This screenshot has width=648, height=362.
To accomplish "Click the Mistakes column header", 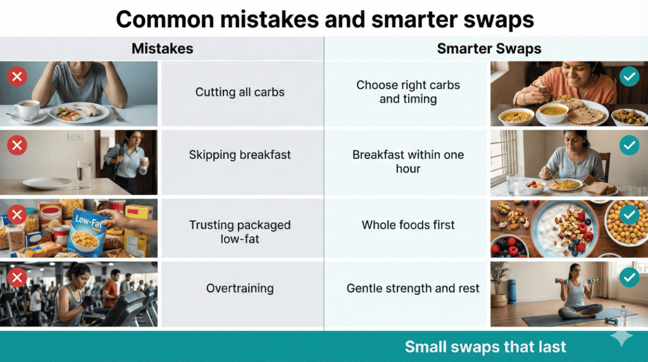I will pos(162,49).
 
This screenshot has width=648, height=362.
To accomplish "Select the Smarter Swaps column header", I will pos(489,49).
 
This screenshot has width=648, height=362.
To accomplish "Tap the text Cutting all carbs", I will pos(240,92).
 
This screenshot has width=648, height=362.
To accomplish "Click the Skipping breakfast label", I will pos(240,154).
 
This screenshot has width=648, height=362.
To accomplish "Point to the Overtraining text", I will pos(240,289).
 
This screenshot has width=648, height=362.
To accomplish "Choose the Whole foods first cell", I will pos(408,225).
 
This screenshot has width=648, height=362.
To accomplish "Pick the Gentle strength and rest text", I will pos(413,289).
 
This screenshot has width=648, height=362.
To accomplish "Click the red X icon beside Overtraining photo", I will pos(16,277).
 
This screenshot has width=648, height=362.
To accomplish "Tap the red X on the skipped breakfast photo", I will pos(16,146).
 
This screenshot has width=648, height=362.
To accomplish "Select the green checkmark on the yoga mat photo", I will pos(628,277).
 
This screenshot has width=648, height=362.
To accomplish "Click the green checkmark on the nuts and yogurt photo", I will pos(628,215).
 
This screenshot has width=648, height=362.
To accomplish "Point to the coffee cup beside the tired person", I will pos(27,109).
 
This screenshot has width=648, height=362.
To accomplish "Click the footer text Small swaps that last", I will pos(485,347).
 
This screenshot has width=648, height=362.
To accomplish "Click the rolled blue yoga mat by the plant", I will pos(511,290).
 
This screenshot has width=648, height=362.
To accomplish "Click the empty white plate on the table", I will pos(47,183).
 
